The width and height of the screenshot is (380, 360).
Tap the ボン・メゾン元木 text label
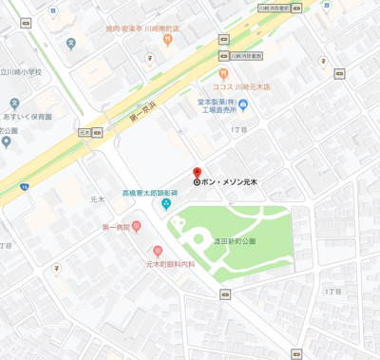pos(231,181)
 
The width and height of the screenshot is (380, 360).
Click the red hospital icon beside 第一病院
pos(137,226)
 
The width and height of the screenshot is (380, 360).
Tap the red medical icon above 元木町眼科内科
pos(157,250)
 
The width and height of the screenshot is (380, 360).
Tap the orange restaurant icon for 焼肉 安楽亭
pos(167,40)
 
